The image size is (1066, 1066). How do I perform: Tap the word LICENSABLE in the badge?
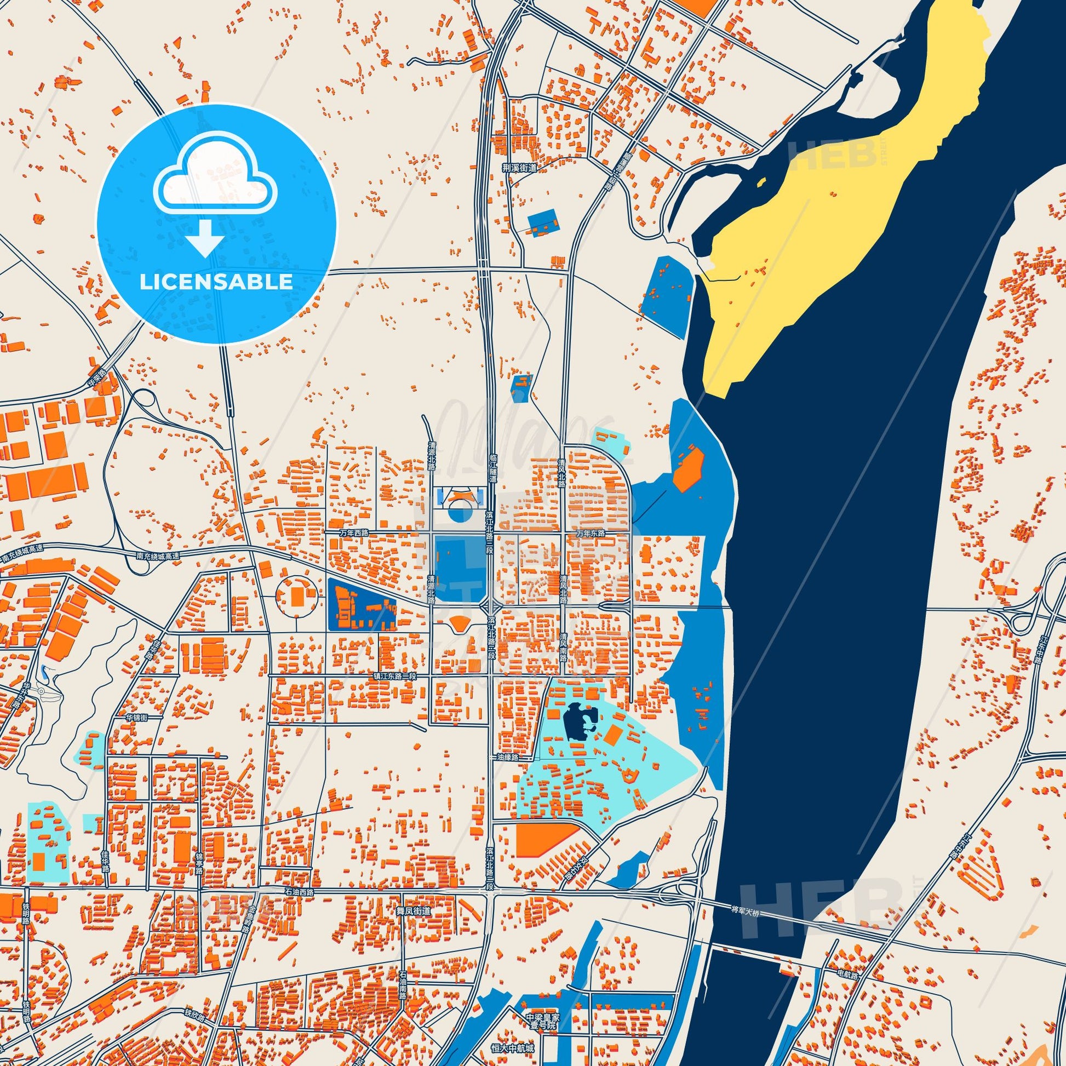tap(216, 282)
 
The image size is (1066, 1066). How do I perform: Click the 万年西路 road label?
tap(354, 534)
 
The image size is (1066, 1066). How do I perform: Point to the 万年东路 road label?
tap(591, 534)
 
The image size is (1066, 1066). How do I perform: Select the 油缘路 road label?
tap(507, 758)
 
